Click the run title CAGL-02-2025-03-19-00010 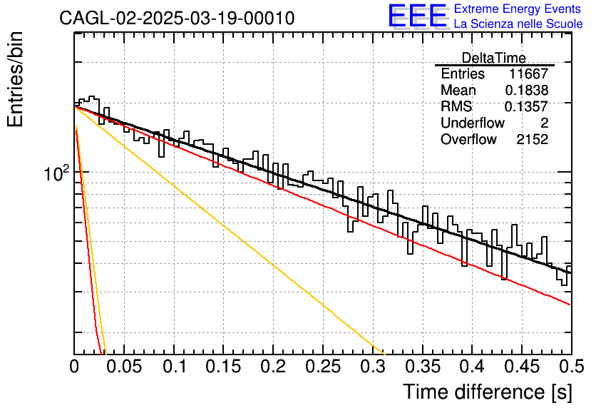177,18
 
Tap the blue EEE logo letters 417,16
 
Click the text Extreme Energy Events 518,9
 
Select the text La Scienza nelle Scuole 518,24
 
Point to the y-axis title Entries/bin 15,80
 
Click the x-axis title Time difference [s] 488,392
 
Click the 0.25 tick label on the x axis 323,367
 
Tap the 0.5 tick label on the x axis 571,367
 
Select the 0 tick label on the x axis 74,367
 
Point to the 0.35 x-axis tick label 423,367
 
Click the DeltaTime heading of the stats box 494,58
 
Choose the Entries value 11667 529,73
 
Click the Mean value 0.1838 527,90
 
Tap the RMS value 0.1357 526,106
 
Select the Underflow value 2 544,123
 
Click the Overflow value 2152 533,140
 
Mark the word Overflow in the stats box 468,140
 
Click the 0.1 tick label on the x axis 174,367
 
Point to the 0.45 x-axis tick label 522,367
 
